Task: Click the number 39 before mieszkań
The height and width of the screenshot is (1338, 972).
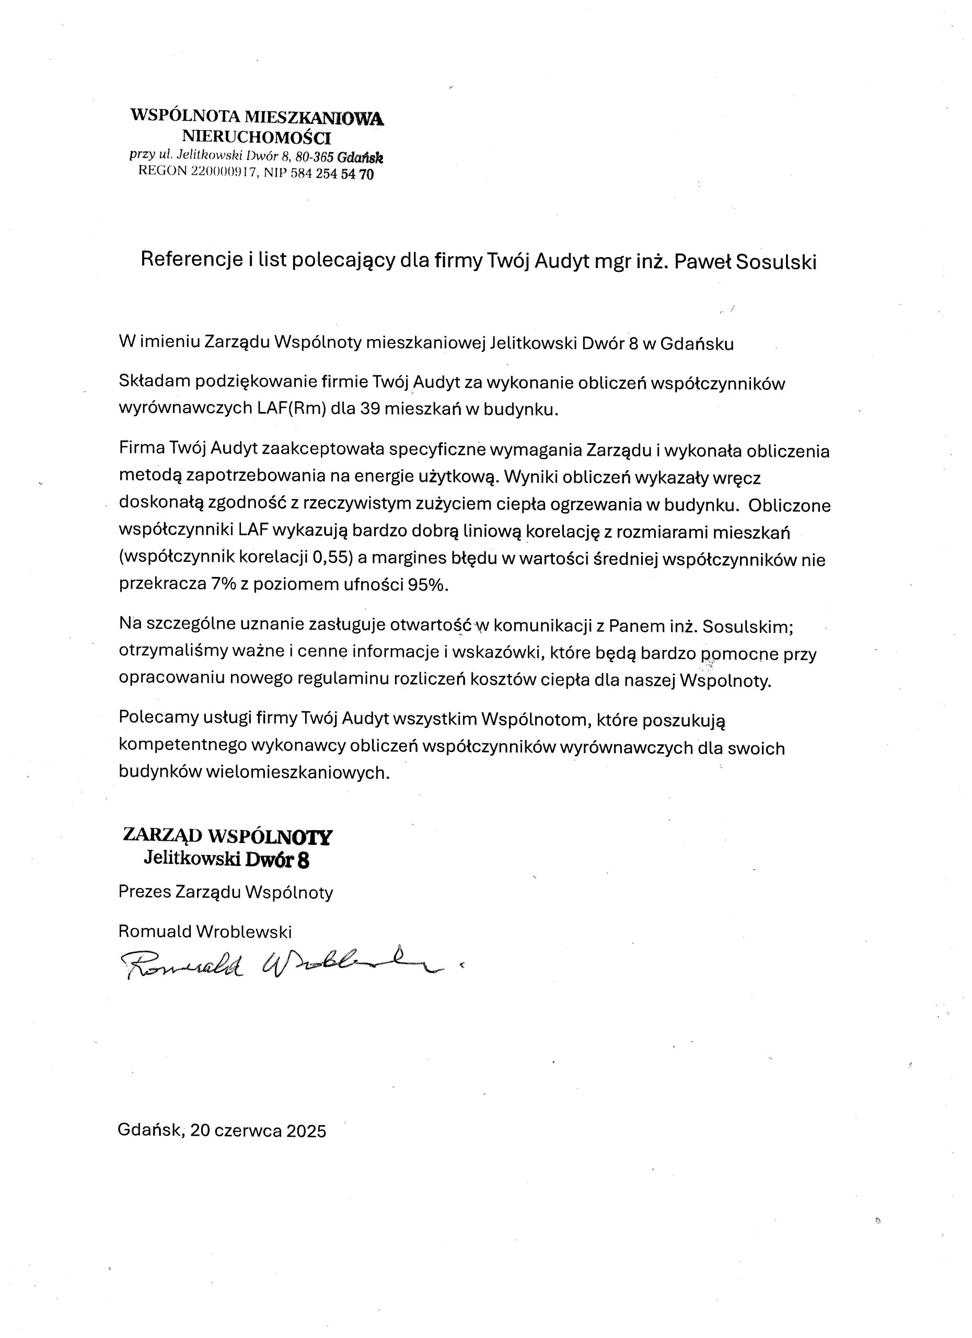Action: [370, 409]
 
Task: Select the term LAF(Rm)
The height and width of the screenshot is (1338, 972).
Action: [292, 409]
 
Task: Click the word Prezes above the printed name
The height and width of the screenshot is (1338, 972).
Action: [145, 892]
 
